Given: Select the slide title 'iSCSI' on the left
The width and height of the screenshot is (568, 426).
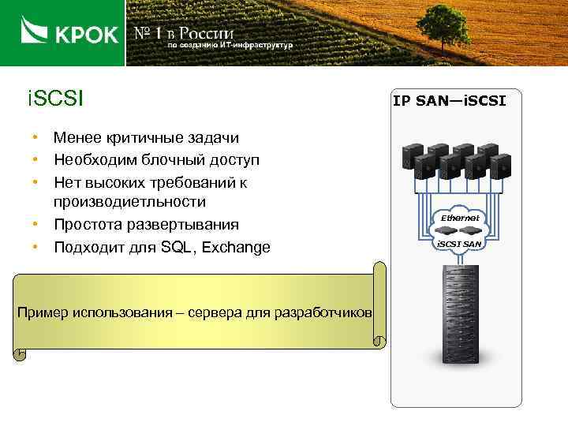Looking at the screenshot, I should (x=55, y=100).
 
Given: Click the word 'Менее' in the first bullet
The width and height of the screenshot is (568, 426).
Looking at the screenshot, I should (x=77, y=138).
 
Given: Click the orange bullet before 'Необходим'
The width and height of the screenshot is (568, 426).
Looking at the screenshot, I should (x=36, y=161).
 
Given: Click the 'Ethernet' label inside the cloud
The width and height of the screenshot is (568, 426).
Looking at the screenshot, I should (x=460, y=217).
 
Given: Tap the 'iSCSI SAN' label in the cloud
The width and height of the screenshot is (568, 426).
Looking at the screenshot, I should (x=460, y=244).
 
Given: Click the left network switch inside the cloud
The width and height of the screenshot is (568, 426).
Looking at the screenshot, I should (x=447, y=231).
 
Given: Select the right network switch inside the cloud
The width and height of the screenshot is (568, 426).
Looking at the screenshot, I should (x=473, y=231).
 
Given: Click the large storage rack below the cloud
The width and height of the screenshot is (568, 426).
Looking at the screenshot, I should (x=461, y=311).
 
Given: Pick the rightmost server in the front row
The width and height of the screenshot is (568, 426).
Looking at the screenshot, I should (x=499, y=166).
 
